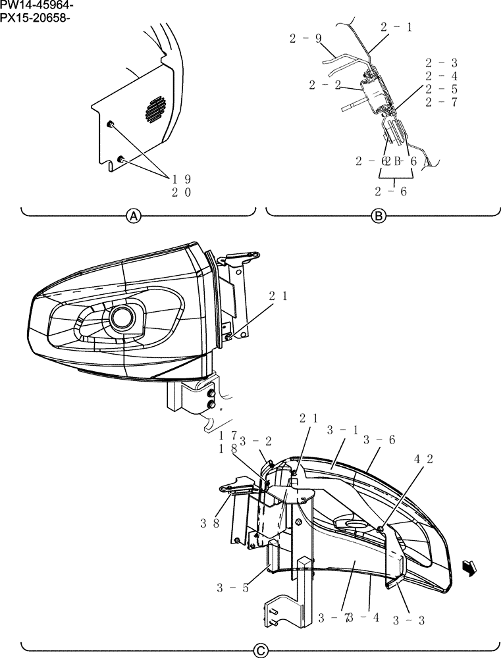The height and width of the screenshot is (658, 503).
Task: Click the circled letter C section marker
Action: click(261, 650)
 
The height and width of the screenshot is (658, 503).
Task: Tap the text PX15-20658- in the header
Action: click(36, 17)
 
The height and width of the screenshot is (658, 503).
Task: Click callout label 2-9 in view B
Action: click(305, 39)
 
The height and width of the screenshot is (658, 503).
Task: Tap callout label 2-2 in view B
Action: click(325, 85)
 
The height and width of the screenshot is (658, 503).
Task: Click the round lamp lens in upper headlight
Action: click(122, 317)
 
